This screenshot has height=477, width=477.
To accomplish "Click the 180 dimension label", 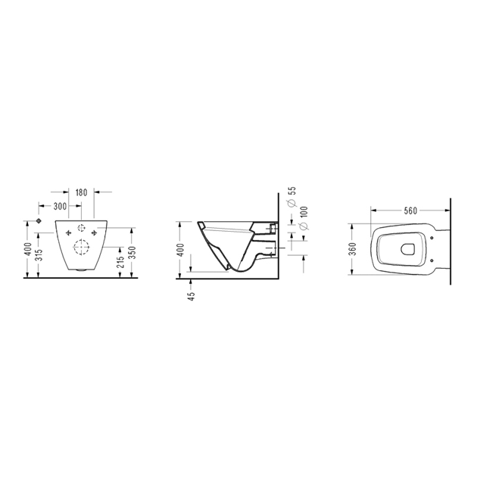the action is (81, 192).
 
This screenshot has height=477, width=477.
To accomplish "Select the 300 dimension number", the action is (60, 206).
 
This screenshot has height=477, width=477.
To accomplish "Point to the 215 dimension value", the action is (121, 262).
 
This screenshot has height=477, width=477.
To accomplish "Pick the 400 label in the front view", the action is (28, 249).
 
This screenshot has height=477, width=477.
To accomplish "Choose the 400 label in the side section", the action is (180, 250).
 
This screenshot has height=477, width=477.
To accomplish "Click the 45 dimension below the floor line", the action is (192, 296).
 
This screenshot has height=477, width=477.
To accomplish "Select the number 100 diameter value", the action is (304, 212).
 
